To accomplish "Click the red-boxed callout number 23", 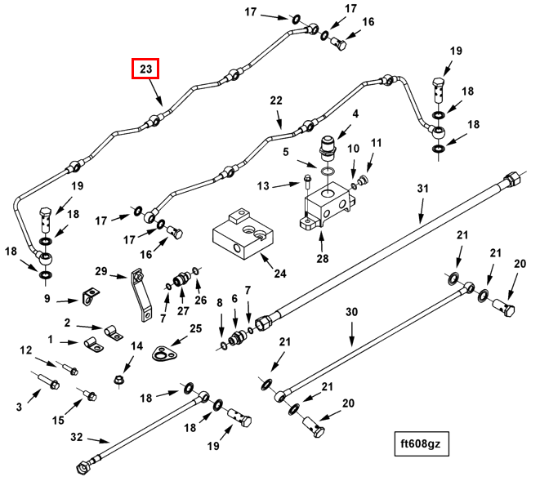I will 145,69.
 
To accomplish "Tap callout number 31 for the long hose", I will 422,189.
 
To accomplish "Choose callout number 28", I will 321,260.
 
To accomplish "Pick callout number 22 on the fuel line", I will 276,100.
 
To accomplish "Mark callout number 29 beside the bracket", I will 101,271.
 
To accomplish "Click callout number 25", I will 195,329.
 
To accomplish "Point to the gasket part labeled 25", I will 165,353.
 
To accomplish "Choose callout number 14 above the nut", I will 136,346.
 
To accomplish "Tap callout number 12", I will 26,350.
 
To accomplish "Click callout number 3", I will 20,406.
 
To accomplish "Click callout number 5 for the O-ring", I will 287,152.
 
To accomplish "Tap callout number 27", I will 182,311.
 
